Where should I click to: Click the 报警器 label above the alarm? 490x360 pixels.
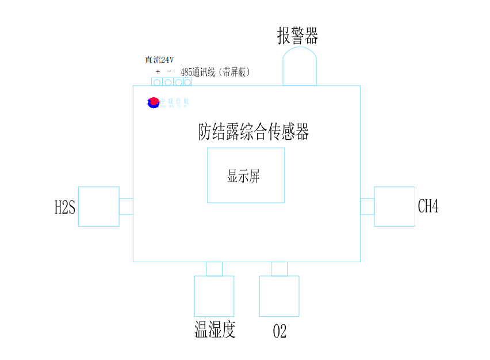coord(297,36)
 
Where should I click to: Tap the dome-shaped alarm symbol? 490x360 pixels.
coord(300,67)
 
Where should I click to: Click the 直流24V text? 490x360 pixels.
coord(159,60)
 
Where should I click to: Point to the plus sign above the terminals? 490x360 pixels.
coord(158,72)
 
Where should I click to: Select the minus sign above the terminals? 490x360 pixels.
coord(169,71)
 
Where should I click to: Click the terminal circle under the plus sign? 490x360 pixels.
coord(157,82)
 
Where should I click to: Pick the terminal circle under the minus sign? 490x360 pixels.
coord(168,82)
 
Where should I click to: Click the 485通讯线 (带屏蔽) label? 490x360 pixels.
coord(215,72)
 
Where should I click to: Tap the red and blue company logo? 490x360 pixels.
coord(153,102)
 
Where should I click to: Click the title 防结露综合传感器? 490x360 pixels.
coord(254,132)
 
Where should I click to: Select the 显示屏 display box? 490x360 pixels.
coord(246,175)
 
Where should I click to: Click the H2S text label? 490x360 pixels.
coord(64,208)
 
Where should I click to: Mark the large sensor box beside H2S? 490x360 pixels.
coord(98,206)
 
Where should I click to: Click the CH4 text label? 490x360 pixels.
coord(428,206)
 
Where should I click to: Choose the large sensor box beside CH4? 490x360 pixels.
coord(395,206)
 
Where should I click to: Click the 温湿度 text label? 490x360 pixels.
coord(215,330)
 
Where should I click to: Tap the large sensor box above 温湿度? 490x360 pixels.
coord(214,296)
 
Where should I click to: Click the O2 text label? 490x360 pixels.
coord(280,331)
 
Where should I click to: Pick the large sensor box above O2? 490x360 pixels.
coord(279,296)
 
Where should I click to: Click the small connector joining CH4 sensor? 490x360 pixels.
coord(367,206)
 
